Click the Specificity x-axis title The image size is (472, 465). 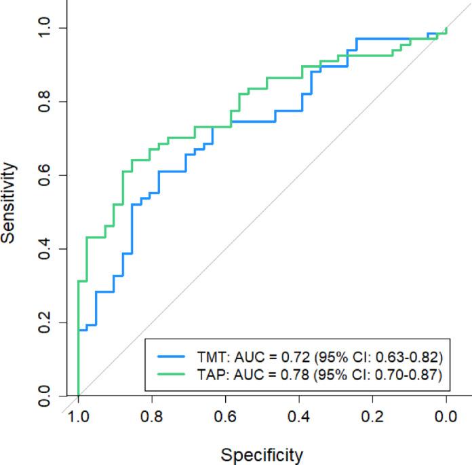coord(262,454)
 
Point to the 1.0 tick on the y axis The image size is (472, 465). coord(45,28)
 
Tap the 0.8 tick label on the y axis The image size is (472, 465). coord(45,102)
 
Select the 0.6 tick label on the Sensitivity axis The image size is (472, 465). coord(45,175)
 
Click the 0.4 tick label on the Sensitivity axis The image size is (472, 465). coord(45,249)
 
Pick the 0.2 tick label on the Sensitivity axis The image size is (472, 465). coord(45,322)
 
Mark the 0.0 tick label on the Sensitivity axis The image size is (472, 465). coord(45,396)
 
